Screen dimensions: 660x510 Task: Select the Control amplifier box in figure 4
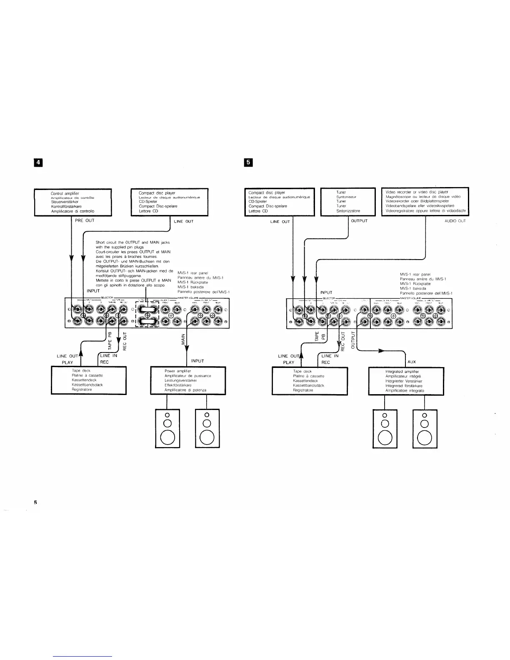(x=73, y=202)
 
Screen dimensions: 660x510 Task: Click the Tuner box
(x=348, y=202)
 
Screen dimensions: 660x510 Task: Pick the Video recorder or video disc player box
(x=425, y=202)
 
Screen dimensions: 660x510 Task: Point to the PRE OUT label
(x=85, y=220)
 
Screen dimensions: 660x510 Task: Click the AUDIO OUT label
(x=455, y=221)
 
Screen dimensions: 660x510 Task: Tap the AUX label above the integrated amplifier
(x=412, y=362)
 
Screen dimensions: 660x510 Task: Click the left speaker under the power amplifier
(x=167, y=428)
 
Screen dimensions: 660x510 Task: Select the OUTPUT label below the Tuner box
(x=359, y=221)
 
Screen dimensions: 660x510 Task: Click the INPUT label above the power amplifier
(x=197, y=361)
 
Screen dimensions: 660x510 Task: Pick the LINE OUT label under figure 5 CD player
(x=280, y=222)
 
